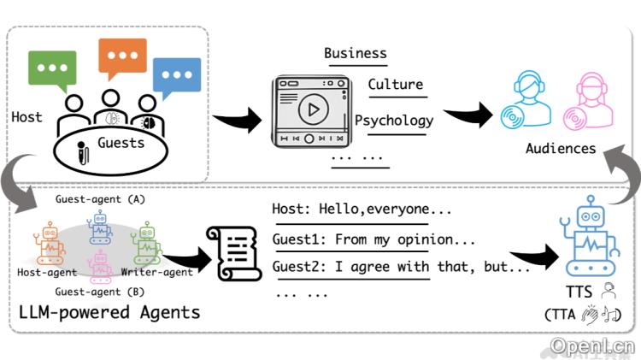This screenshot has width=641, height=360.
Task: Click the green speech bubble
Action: pyautogui.click(x=54, y=68)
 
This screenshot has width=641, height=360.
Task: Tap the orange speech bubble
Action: pyautogui.click(x=122, y=57)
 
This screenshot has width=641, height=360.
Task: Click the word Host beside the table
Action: pyautogui.click(x=26, y=116)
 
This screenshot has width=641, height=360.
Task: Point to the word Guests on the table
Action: pyautogui.click(x=121, y=143)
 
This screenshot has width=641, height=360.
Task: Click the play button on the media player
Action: pyautogui.click(x=312, y=109)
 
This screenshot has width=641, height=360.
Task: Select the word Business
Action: pyautogui.click(x=355, y=53)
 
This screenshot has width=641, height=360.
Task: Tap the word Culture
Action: pyautogui.click(x=395, y=84)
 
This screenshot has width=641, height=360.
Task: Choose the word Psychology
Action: pyautogui.click(x=393, y=120)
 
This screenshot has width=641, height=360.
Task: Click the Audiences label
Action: pyautogui.click(x=560, y=148)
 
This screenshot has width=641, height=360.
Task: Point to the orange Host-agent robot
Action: pyautogui.click(x=50, y=244)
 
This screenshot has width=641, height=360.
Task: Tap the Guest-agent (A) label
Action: pyautogui.click(x=100, y=198)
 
